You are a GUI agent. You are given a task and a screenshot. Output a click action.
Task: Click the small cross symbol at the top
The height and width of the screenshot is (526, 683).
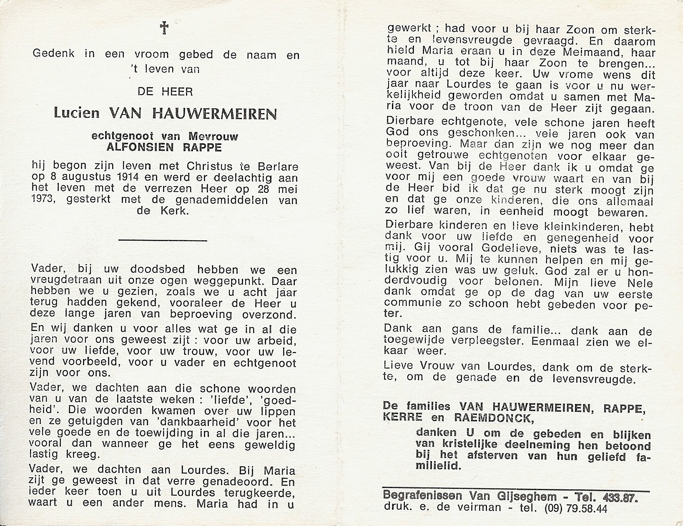click(x=164, y=28)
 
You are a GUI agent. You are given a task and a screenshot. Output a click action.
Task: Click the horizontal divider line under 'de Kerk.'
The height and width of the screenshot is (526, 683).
click(x=163, y=240)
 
